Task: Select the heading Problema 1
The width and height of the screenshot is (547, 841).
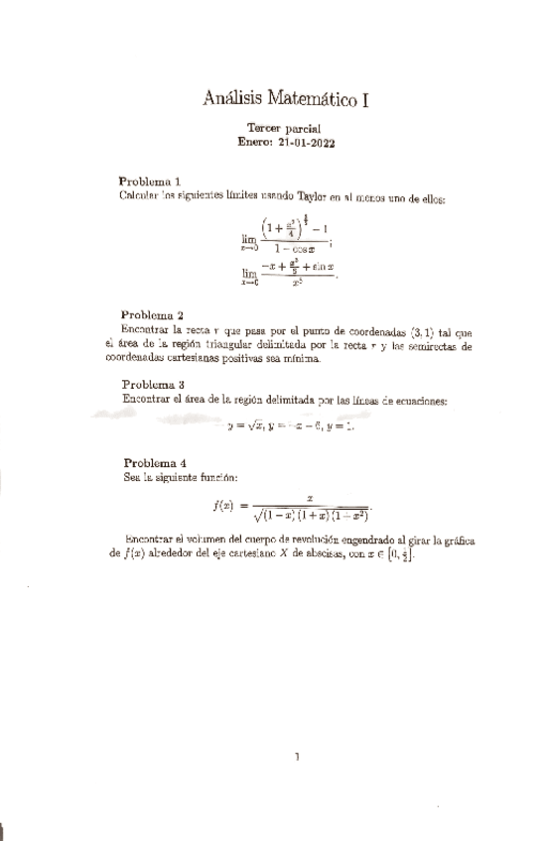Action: click(149, 181)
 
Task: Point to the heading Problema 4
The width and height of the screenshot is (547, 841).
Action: click(155, 463)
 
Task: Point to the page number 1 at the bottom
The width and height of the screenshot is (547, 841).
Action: click(297, 757)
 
